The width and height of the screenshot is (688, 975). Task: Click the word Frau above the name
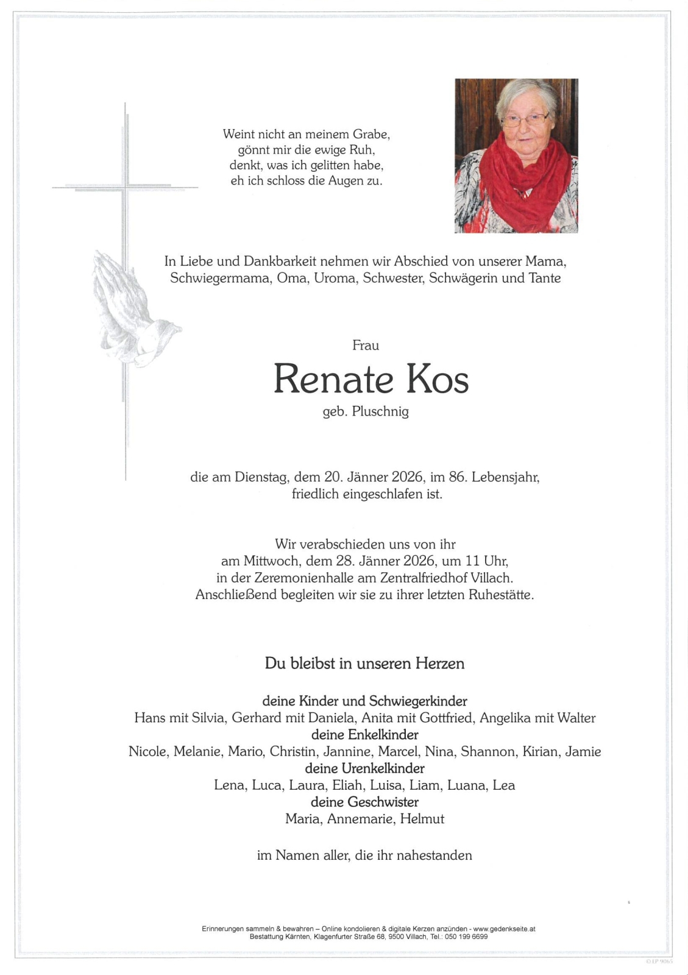pyautogui.click(x=366, y=346)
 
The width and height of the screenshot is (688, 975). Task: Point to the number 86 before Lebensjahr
pyautogui.click(x=456, y=477)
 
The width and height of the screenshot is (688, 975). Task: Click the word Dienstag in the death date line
pyautogui.click(x=261, y=477)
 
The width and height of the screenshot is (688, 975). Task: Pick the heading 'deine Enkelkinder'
pyautogui.click(x=364, y=735)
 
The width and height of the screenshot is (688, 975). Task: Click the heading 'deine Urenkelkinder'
pyautogui.click(x=364, y=768)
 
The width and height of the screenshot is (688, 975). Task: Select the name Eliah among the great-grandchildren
pyautogui.click(x=347, y=785)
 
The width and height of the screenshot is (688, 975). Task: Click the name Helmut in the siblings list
pyautogui.click(x=422, y=819)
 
